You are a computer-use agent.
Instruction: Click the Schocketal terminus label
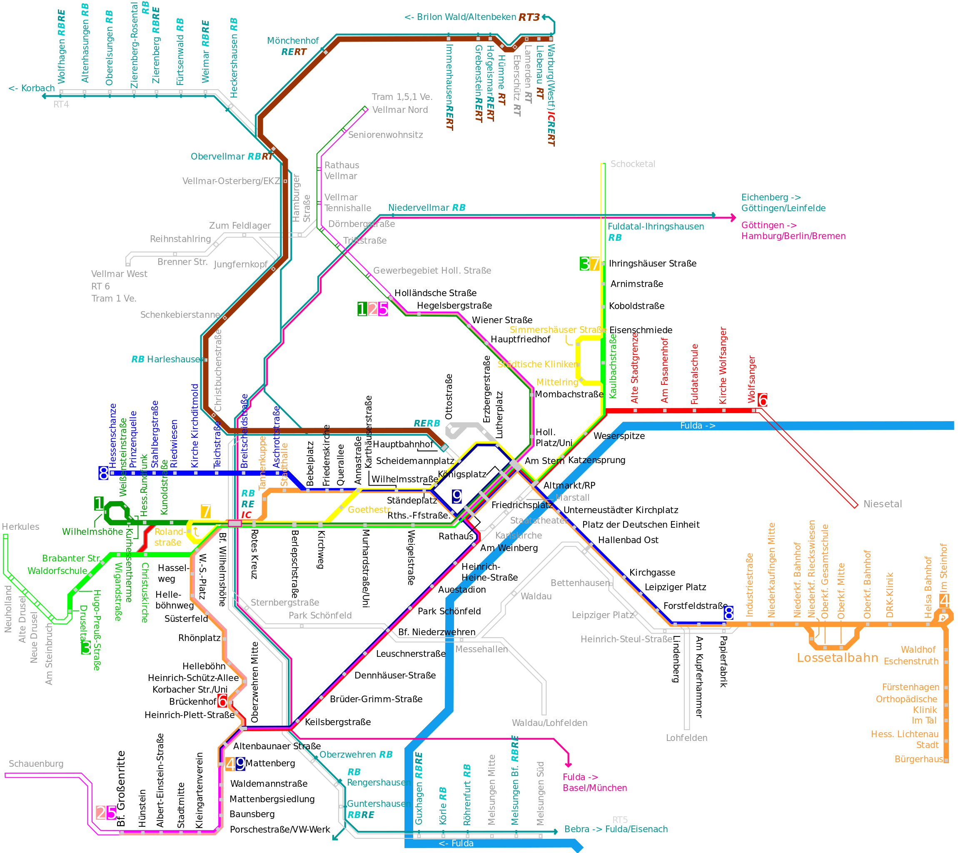(632, 164)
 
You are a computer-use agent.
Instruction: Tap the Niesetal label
(883, 504)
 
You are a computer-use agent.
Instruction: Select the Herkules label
(21, 526)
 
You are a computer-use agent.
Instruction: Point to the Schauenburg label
(36, 763)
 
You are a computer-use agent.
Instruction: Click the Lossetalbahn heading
(837, 658)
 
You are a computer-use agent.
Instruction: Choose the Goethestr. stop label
(369, 509)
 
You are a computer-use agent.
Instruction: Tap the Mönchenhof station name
(293, 41)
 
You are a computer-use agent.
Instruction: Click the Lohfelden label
(686, 738)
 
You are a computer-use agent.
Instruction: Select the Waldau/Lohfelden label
(549, 723)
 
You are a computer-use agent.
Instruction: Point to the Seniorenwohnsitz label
(385, 135)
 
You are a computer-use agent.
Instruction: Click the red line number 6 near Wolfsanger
(763, 400)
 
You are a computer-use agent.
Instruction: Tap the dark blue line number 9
(457, 496)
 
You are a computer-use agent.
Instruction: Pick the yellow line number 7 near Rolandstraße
(205, 511)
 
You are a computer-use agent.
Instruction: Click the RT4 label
(61, 104)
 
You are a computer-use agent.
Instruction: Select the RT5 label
(620, 820)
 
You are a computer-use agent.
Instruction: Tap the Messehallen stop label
(481, 649)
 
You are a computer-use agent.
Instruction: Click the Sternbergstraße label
(284, 602)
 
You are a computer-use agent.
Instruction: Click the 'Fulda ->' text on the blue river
(697, 426)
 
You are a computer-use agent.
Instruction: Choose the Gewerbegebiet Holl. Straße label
(432, 270)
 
